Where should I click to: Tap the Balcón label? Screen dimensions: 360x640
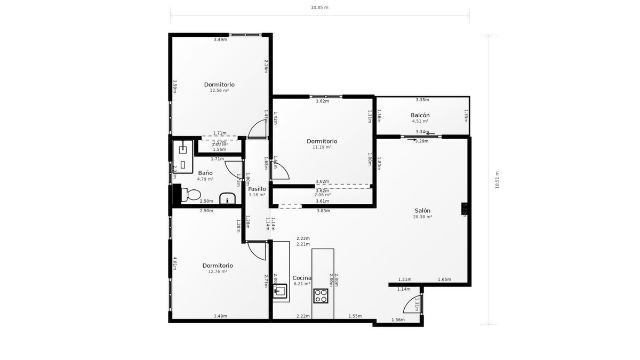pyautogui.click(x=420, y=115)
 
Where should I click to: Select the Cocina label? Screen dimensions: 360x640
pyautogui.click(x=302, y=278)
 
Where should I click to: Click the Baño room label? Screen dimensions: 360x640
pyautogui.click(x=205, y=173)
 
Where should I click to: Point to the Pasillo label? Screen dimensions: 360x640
pyautogui.click(x=257, y=189)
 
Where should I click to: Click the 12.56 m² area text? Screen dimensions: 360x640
pyautogui.click(x=219, y=91)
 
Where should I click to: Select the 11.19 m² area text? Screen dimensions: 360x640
pyautogui.click(x=322, y=147)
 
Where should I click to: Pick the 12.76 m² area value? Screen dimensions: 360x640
pyautogui.click(x=217, y=271)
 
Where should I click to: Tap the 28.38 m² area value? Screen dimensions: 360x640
pyautogui.click(x=422, y=217)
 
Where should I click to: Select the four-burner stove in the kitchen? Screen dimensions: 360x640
pyautogui.click(x=322, y=295)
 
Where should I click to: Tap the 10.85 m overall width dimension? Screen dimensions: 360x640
pyautogui.click(x=319, y=7)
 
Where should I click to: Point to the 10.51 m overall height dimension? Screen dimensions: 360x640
pyautogui.click(x=497, y=180)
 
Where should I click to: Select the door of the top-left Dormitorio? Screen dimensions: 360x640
pyautogui.click(x=258, y=129)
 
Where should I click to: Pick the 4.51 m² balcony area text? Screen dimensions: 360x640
pyautogui.click(x=420, y=121)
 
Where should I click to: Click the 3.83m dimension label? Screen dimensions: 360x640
pyautogui.click(x=323, y=211)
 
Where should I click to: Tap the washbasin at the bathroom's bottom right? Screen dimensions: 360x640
pyautogui.click(x=228, y=198)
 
